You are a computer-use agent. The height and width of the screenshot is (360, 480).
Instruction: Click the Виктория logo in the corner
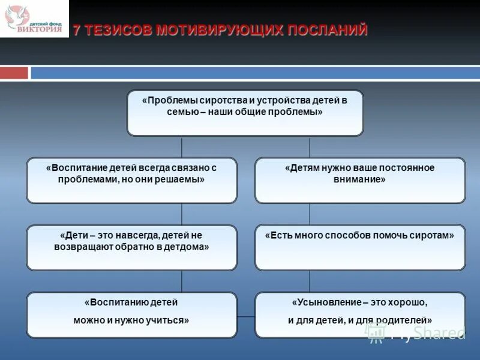click(34, 19)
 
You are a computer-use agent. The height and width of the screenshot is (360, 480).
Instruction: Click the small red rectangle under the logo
click(14, 73)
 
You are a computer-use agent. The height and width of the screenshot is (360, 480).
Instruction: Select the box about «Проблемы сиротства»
click(245, 113)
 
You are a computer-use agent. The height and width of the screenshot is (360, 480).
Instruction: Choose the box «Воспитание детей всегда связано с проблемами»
click(131, 181)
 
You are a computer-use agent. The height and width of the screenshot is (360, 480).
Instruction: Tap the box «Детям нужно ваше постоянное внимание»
click(360, 181)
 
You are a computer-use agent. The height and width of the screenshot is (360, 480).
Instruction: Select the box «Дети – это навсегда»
click(131, 248)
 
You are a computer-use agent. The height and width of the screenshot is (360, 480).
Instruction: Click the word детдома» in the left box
click(186, 247)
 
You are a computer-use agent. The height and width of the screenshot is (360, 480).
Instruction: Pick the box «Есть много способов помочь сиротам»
click(360, 248)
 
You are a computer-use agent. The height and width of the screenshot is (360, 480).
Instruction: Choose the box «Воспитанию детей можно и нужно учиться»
click(131, 315)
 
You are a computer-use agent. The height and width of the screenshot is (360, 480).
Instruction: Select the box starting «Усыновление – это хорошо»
click(360, 315)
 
